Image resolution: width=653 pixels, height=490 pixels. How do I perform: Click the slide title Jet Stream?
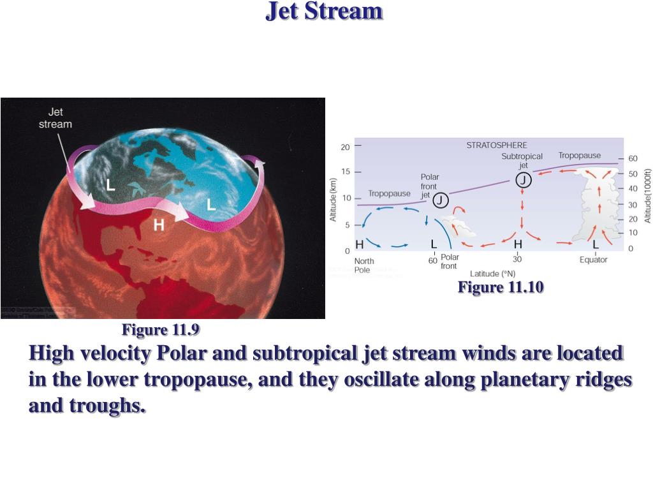click(324, 11)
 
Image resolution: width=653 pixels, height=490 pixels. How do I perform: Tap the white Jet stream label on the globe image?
click(55, 118)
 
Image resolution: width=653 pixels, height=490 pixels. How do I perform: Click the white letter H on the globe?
click(159, 225)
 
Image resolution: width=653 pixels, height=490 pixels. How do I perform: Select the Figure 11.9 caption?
click(161, 330)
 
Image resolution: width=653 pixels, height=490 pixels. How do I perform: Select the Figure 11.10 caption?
click(501, 288)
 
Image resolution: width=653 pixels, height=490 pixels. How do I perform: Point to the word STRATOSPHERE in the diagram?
click(497, 145)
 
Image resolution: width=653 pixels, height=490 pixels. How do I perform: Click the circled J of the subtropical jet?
click(523, 181)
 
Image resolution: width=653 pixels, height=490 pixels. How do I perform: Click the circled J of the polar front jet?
click(441, 201)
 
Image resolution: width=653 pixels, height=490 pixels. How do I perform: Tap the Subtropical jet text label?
click(522, 161)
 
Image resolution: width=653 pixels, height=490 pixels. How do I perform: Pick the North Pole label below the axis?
click(364, 265)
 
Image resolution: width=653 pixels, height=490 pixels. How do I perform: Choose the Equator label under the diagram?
click(593, 260)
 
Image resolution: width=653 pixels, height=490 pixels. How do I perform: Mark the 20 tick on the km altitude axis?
click(345, 147)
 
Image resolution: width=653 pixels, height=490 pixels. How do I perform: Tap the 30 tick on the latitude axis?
click(517, 260)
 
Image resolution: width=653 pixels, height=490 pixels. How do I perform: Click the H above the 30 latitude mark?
click(518, 244)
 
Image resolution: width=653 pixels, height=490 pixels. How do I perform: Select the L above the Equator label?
click(596, 244)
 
